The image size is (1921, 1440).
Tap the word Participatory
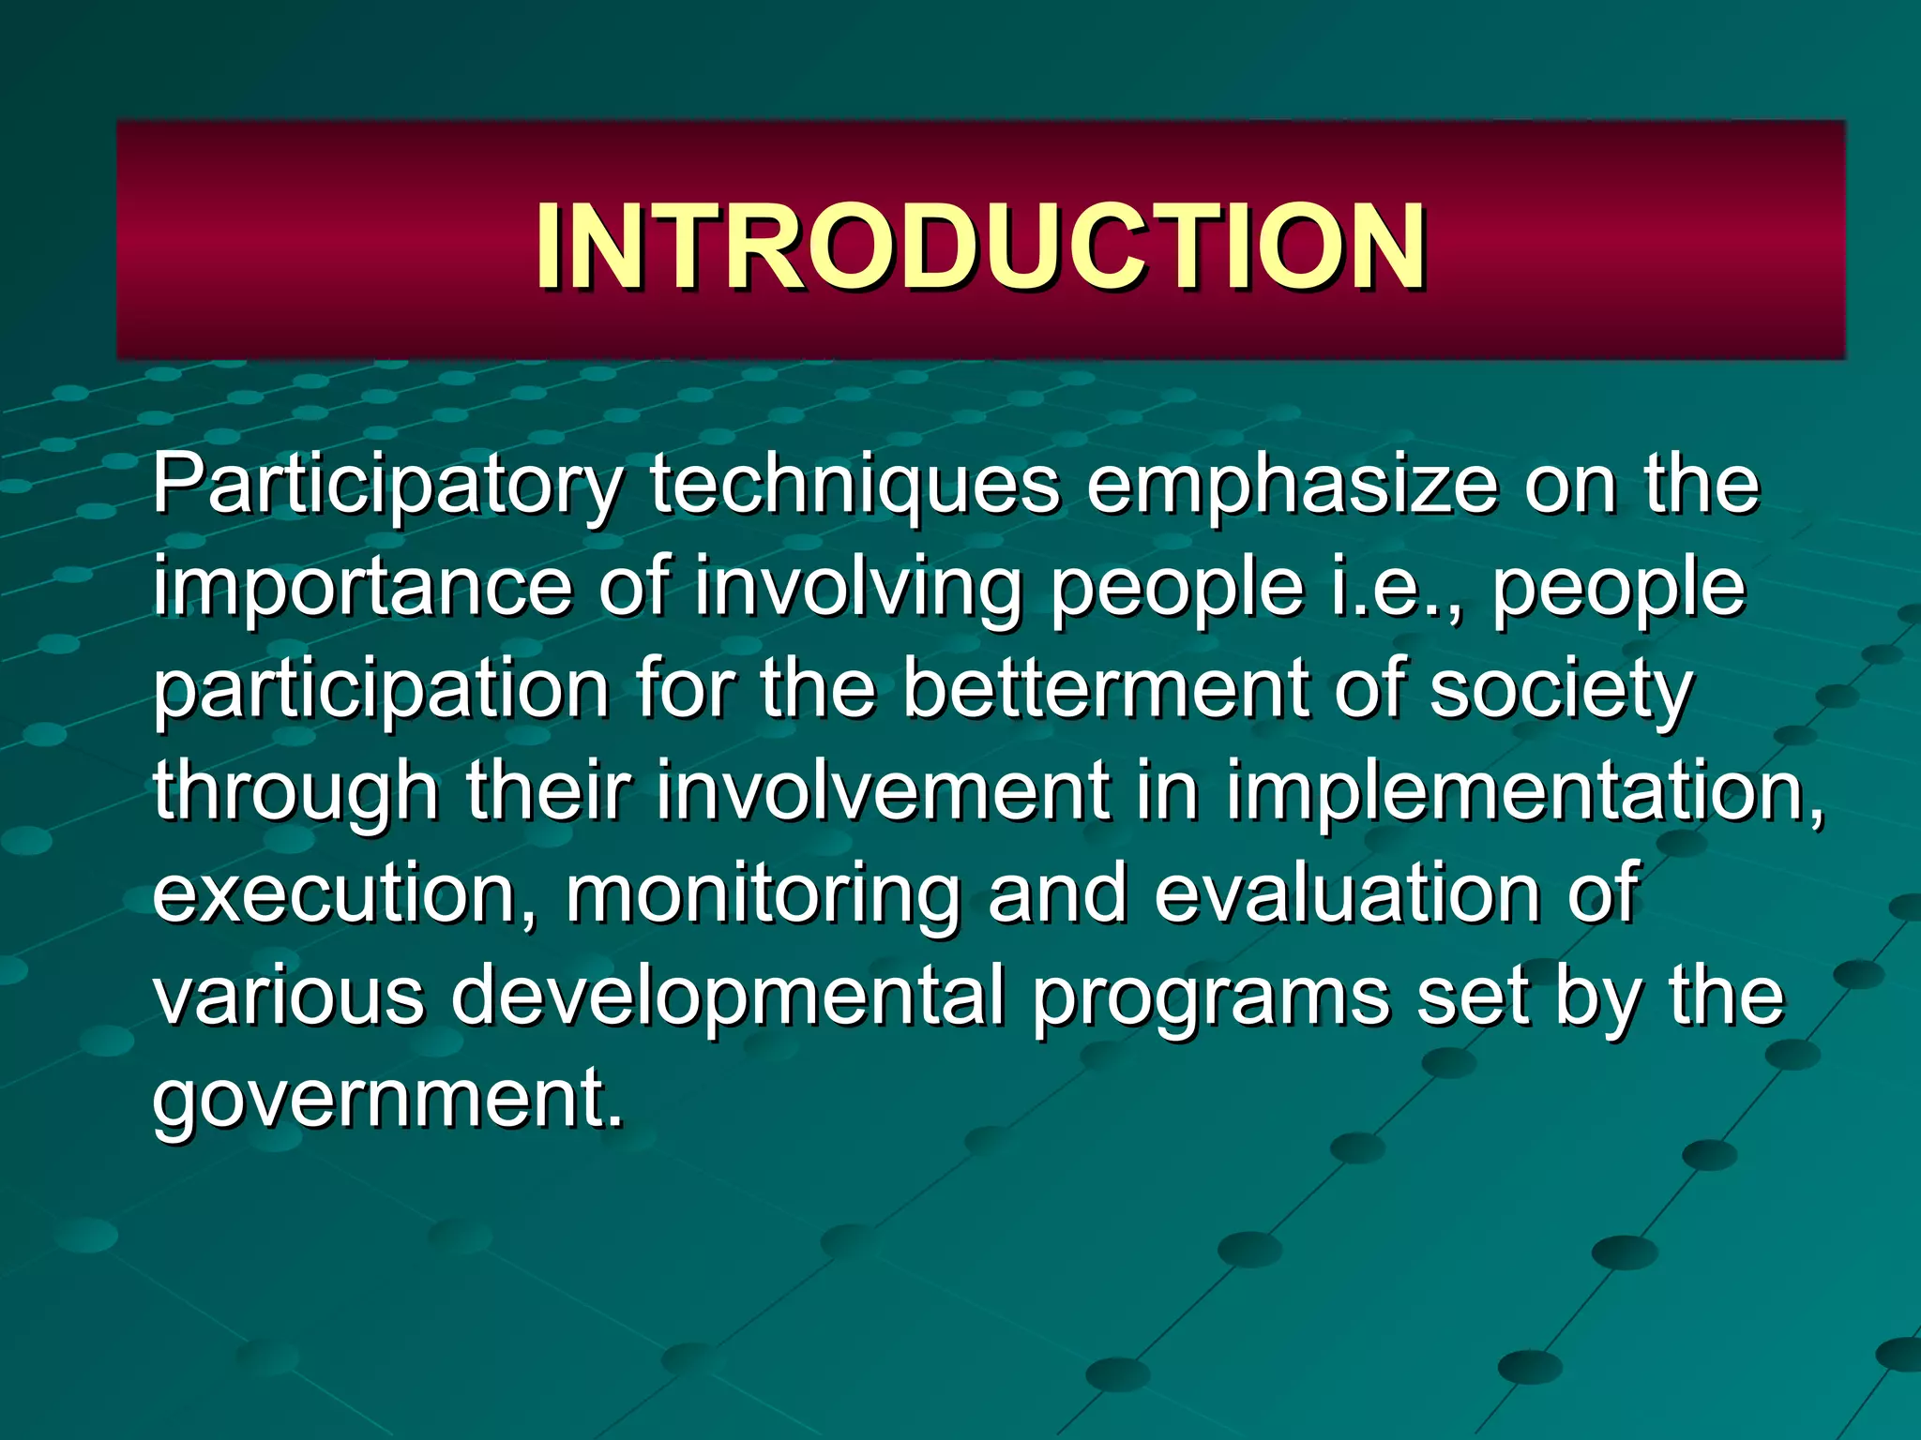click(387, 487)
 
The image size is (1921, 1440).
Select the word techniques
click(855, 487)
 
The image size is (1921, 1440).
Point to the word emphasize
click(1292, 487)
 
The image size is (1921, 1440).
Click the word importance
click(362, 589)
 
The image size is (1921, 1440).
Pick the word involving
click(857, 589)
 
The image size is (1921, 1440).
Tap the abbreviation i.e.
click(1394, 589)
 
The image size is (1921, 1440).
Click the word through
click(296, 793)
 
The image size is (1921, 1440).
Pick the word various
click(288, 996)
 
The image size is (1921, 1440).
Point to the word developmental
click(728, 997)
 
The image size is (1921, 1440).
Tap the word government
click(387, 1099)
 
